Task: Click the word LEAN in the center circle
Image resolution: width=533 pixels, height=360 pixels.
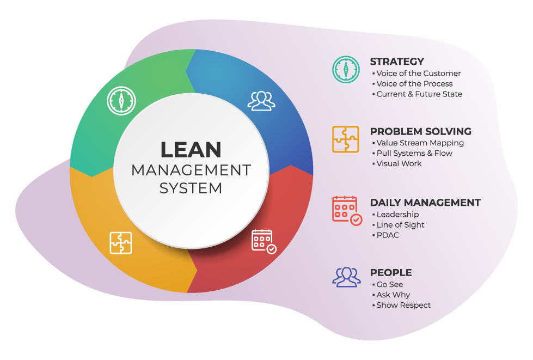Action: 191,150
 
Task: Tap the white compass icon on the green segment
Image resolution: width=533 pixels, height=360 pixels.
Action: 122,100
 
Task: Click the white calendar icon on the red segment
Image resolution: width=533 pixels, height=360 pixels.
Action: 264,241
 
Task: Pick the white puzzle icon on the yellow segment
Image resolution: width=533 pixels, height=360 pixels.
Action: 121,243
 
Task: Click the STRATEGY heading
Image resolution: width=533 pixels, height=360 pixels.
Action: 397,62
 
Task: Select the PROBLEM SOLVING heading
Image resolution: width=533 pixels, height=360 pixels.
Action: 420,131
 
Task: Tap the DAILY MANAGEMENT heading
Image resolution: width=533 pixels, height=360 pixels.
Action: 425,203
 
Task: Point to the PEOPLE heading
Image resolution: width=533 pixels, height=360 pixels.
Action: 391,272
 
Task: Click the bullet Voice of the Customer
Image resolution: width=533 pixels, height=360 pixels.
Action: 418,74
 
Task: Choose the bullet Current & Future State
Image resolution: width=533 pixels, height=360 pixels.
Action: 419,94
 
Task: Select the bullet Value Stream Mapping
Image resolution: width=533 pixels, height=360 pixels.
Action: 420,143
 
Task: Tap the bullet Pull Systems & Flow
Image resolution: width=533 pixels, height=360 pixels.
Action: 414,153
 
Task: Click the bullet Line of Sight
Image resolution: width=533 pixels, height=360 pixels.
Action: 400,224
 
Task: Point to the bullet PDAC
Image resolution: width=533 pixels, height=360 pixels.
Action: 388,235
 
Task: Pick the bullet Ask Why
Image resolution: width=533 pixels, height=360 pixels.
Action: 393,295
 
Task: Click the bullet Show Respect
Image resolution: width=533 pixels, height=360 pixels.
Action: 403,305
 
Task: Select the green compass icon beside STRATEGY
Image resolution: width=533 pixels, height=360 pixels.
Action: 346,69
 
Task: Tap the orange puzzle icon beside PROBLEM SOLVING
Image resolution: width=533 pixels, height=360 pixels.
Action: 346,139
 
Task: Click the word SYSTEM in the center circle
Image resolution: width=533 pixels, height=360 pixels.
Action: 191,188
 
